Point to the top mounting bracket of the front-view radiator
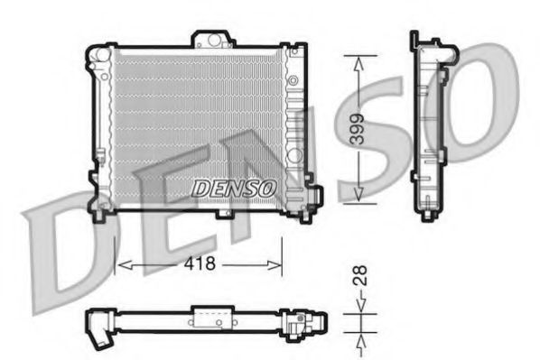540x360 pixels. [212, 40]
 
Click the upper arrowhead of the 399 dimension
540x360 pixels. [359, 60]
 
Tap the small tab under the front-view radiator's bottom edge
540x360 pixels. [223, 213]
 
